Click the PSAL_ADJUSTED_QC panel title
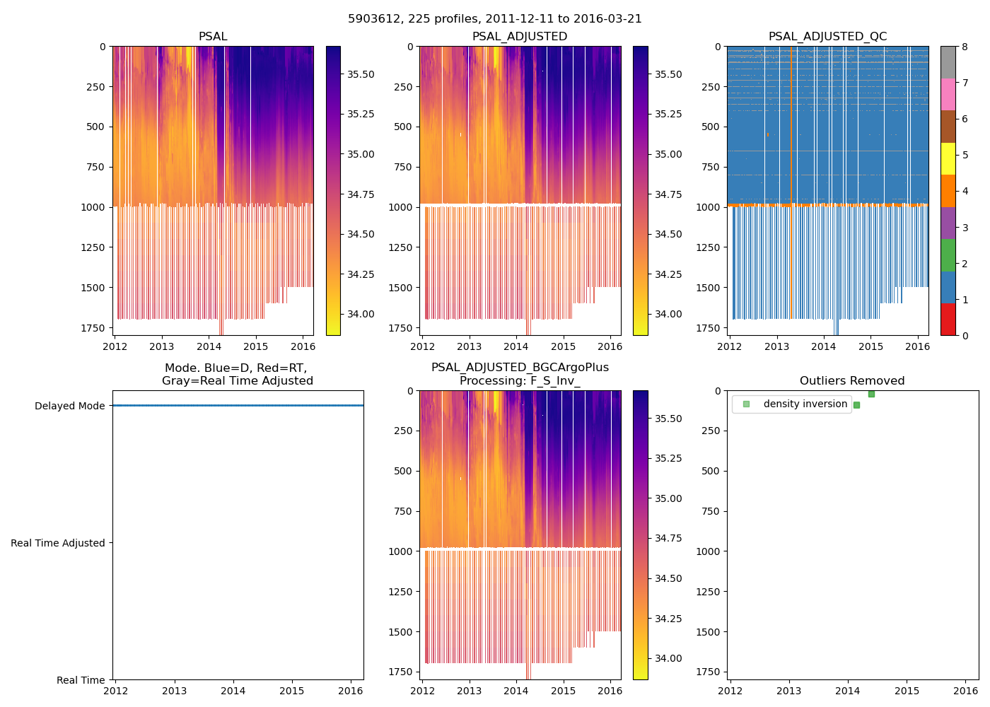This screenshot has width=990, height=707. pos(827,37)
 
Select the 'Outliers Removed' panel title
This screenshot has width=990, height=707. pos(852,381)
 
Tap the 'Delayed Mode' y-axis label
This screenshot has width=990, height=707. pos(69,406)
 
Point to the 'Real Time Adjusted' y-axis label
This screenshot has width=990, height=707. pos(58,543)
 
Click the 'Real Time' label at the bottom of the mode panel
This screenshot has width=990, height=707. pos(81,680)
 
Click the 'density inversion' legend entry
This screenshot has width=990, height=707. pos(805,404)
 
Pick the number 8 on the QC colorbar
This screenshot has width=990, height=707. pos(965,47)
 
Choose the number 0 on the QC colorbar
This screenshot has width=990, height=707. pos(965,336)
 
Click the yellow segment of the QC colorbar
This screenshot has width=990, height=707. pos(948,159)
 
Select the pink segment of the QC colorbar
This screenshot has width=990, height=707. pos(948,95)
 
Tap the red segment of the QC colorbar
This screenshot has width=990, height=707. pos(948,320)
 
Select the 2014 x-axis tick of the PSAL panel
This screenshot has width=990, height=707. pos(209,346)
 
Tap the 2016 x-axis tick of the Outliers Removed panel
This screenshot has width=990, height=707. pos(966,691)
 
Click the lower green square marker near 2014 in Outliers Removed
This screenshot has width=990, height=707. pos(856,405)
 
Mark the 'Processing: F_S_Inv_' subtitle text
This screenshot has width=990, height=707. pos(520,381)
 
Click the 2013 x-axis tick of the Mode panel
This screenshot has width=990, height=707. pos(175,691)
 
